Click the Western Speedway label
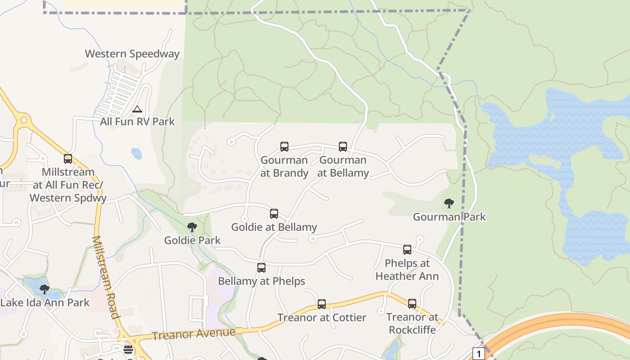point(132,54)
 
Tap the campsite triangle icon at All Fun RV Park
point(137,109)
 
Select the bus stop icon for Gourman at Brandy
point(284,146)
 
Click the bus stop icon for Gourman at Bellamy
point(343,146)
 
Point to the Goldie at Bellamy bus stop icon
point(274,213)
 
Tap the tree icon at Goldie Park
point(192,227)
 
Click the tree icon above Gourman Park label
point(449,203)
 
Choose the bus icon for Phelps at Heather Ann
point(407,249)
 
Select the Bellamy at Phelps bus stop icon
point(261,268)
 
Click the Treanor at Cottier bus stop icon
point(322,304)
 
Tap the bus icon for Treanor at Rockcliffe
point(412,304)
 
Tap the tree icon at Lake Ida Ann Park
point(44,289)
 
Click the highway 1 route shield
point(478,354)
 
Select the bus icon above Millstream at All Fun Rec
point(68,158)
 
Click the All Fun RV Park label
point(137,121)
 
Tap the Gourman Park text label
point(450,217)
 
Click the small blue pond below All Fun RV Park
point(136,154)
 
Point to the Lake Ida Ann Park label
point(45,302)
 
